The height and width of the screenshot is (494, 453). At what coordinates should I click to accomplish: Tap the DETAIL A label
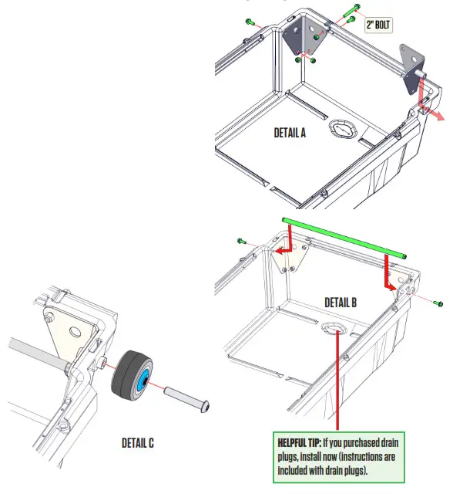click(x=290, y=132)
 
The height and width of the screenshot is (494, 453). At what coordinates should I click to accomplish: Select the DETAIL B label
click(x=341, y=303)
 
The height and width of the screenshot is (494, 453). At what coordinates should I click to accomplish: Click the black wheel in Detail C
click(x=133, y=377)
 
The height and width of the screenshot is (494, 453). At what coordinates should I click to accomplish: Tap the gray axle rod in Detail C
click(x=31, y=347)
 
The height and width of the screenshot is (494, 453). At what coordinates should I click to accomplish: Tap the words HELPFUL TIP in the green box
click(x=300, y=443)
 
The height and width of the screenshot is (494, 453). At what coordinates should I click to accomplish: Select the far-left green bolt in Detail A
click(x=250, y=21)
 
